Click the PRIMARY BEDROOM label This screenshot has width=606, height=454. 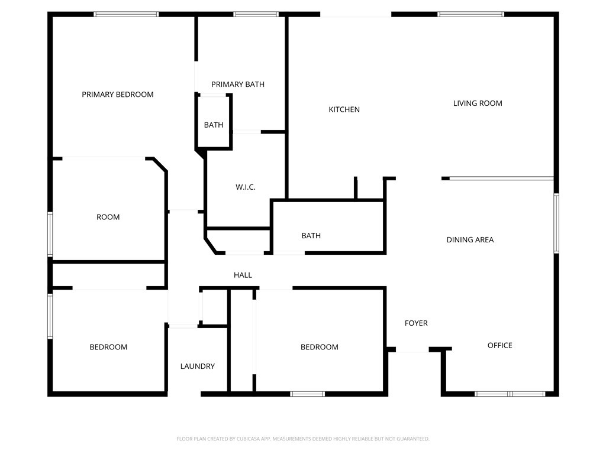pos(118,95)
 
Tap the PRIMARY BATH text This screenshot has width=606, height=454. pos(238,84)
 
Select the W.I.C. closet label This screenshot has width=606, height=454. pos(246,187)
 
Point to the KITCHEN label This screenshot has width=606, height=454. pos(344,109)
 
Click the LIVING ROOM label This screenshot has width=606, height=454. pos(478,103)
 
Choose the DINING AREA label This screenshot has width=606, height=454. pos(470,240)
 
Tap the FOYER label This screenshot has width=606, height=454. pos(416,323)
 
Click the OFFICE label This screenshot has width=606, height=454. pos(499,345)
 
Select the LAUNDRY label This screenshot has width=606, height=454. pos(198,367)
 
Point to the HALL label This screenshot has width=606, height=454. pos(243,275)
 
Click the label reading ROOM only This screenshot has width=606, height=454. pos(108,218)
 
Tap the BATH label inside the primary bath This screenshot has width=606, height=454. pos(213,125)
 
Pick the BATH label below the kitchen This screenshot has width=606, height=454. pos(311,236)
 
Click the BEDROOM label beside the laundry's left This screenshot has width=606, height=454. pos(108,347)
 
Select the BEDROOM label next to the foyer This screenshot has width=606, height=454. pos(319,347)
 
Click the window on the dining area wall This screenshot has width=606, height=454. pos(556,223)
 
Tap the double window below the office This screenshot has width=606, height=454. pos(510,394)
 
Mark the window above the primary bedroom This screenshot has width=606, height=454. pos(126,14)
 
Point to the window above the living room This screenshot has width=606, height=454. pos(470,14)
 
